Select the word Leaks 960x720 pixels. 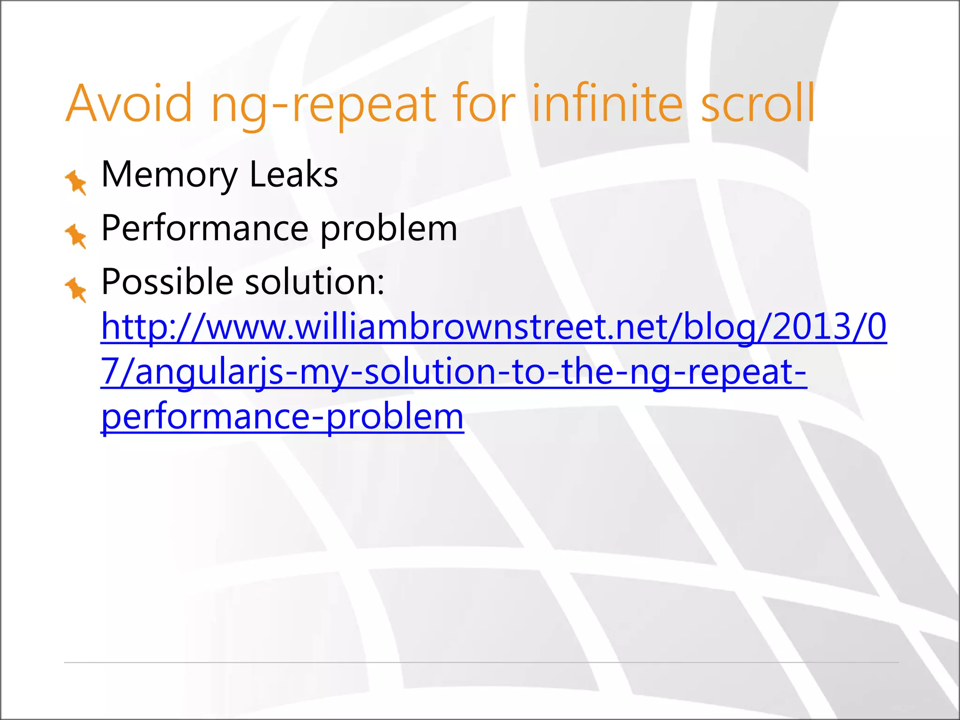point(293,174)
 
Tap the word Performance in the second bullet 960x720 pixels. point(205,229)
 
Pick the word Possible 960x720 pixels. point(167,282)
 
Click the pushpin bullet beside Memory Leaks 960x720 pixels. point(76,182)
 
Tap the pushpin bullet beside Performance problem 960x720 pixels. point(76,236)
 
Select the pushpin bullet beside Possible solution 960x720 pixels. point(76,290)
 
